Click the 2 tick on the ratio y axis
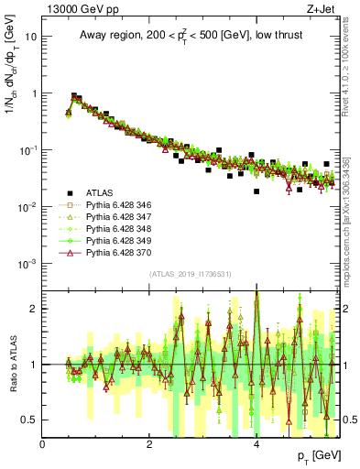pyautogui.click(x=34, y=309)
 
